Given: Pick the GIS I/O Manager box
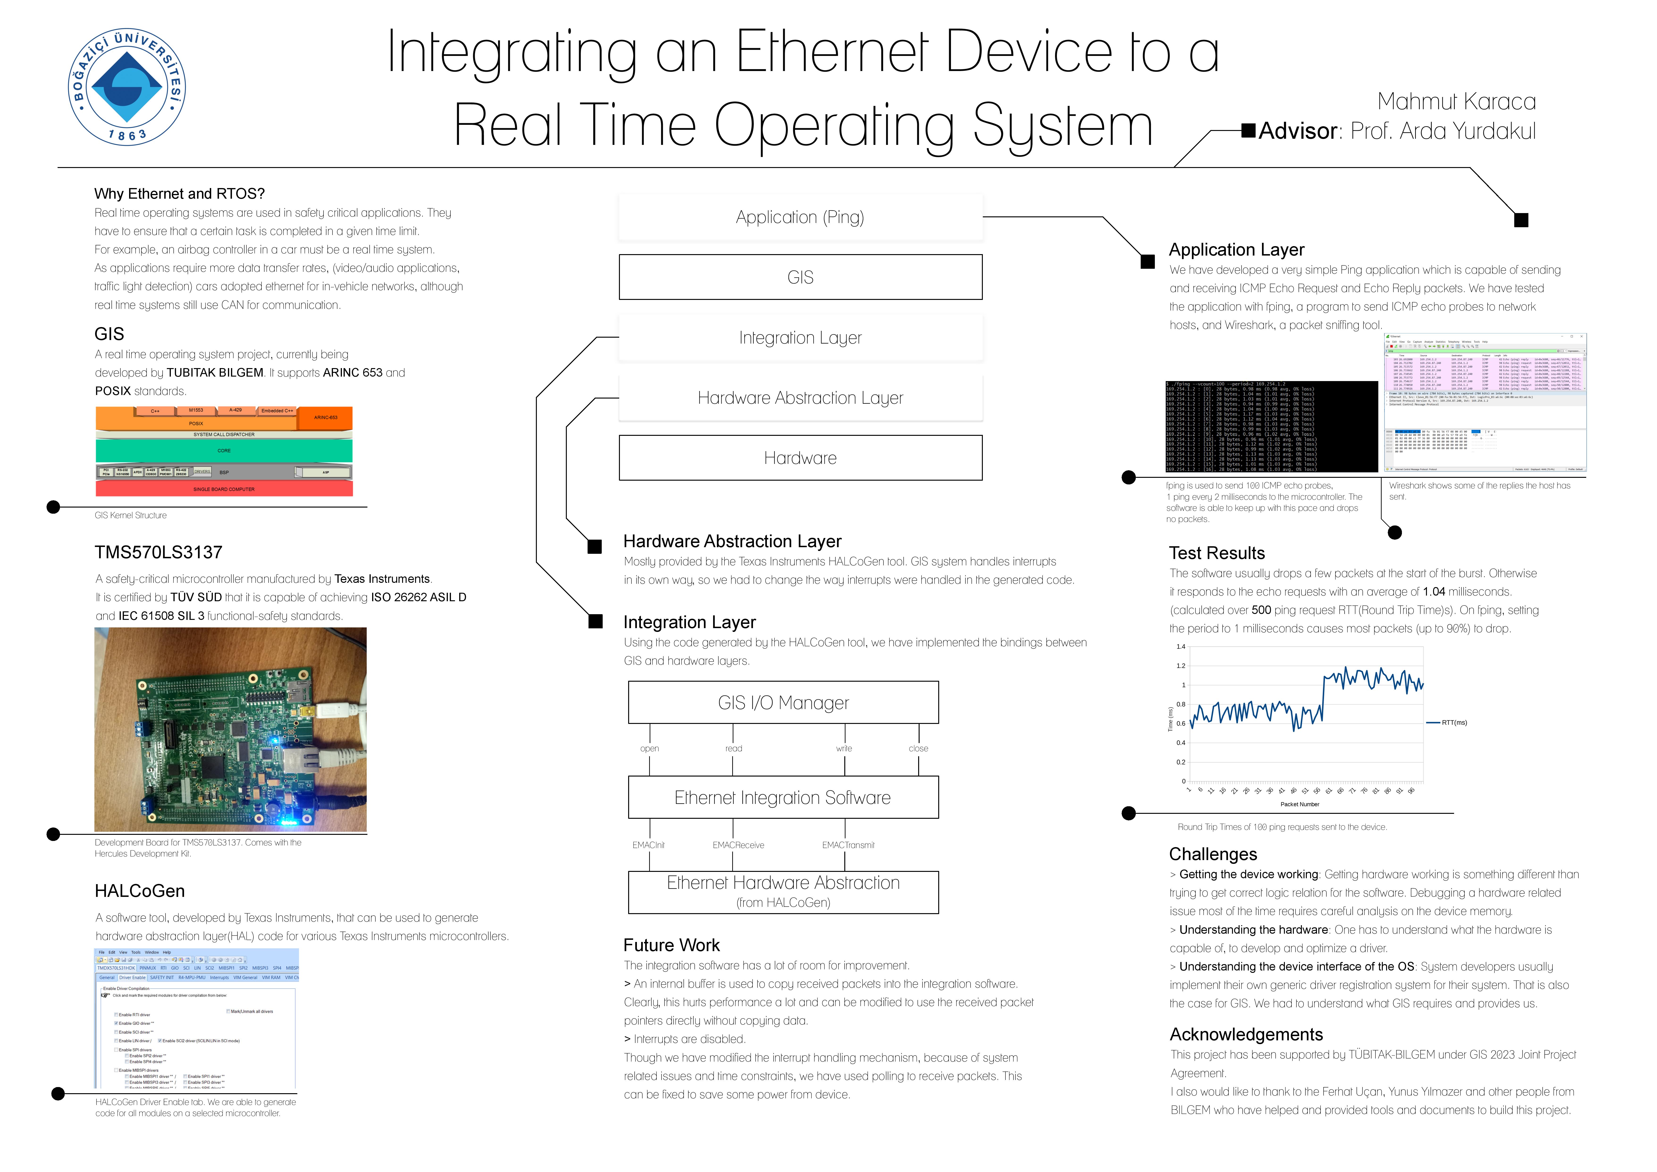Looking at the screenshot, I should pos(783,702).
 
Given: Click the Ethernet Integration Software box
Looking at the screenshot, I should pos(783,798).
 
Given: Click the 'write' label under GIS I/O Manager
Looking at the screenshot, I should pos(844,748).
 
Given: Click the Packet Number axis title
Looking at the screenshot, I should pos(1299,804).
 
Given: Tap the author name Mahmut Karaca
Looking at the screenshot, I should pos(1456,102).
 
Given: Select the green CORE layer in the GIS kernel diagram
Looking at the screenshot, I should pos(224,450).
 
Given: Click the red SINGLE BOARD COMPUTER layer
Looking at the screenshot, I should pos(224,489).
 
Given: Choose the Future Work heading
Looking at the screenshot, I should pos(671,945).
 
